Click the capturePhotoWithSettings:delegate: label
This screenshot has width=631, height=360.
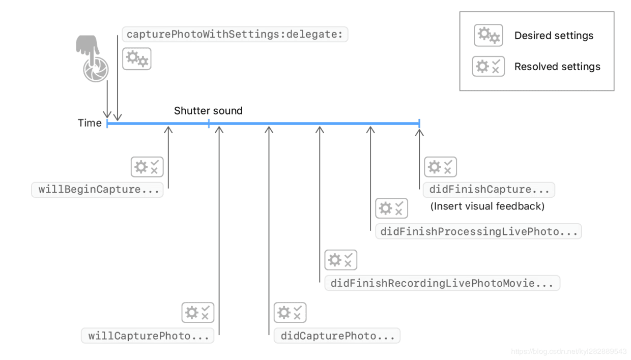coord(235,35)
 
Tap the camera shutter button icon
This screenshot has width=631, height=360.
coord(96,70)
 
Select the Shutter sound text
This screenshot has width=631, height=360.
coord(208,111)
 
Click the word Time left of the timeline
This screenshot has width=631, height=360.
coord(90,123)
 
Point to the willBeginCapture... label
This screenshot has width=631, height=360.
coord(98,190)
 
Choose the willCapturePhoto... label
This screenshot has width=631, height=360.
coord(148,336)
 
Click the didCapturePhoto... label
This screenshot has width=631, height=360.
coord(337,336)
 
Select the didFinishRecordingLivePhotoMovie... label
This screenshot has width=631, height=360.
coord(442,283)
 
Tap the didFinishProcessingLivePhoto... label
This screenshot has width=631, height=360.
coord(479,231)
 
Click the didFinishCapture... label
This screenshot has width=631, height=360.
coord(489,190)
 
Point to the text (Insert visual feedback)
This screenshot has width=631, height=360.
coord(487,206)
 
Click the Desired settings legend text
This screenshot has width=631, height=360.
coord(554,36)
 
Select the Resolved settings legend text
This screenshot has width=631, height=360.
coord(557,67)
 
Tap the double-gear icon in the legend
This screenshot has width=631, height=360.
coord(489,35)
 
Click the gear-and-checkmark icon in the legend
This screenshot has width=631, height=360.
coord(489,67)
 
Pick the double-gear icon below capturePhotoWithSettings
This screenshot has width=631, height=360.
coord(137,58)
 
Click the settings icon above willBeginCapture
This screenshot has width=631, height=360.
coord(147,167)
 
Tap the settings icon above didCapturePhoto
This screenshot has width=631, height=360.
coord(290,313)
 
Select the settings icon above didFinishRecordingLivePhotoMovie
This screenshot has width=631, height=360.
coord(341,260)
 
